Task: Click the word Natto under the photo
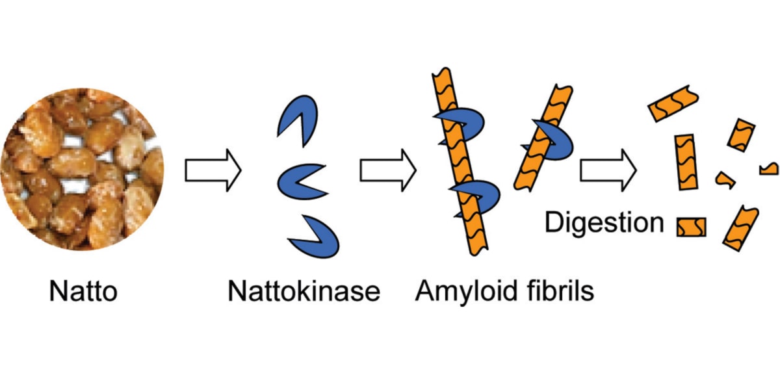tap(83, 292)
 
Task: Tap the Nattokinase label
tap(304, 292)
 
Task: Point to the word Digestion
tap(604, 223)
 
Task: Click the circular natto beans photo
tap(83, 170)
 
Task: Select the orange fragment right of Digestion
tap(691, 227)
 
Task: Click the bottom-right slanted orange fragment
tap(740, 226)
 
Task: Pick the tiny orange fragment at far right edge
tap(769, 170)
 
